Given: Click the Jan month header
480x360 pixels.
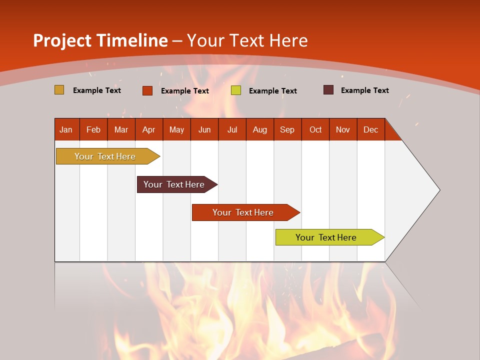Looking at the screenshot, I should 66,129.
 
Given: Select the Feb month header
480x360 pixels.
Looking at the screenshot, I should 93,129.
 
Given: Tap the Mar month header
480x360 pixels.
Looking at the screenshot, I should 121,129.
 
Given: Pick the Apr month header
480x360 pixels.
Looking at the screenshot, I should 148,129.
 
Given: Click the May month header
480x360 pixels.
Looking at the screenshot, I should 176,129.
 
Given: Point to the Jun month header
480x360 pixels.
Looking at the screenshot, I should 204,129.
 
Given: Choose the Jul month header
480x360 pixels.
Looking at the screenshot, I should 232,129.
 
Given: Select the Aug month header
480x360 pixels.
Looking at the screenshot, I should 259,129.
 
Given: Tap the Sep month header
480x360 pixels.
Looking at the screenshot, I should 287,129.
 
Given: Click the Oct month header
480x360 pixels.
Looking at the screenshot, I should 315,129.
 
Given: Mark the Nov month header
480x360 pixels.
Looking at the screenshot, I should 343,129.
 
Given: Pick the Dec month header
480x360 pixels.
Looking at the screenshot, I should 370,129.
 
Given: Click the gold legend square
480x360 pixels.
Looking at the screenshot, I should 59,90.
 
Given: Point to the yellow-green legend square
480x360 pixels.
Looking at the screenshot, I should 236,90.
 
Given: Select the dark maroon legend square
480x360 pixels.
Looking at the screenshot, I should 328,90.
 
